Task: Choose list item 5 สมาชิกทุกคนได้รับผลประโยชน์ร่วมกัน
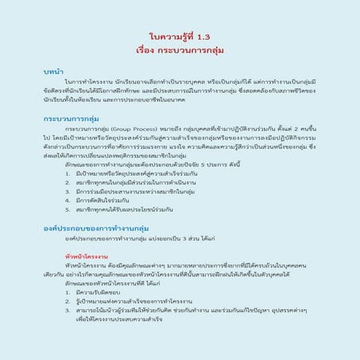click(x=135, y=211)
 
